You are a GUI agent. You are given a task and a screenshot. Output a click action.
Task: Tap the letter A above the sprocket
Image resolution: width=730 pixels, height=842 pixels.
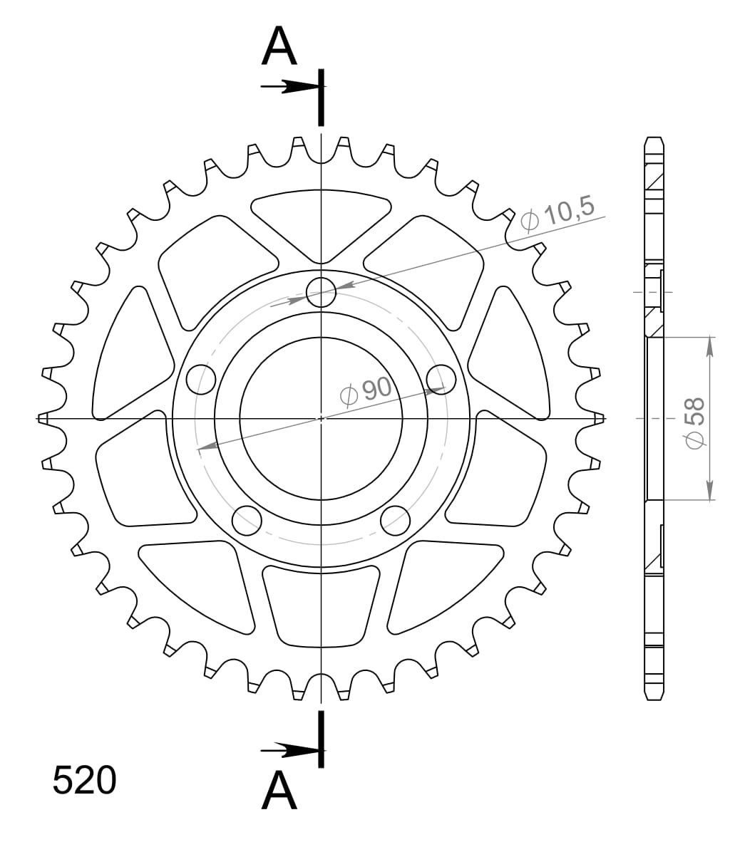279,47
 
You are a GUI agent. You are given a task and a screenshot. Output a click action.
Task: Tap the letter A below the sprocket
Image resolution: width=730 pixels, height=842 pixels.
279,791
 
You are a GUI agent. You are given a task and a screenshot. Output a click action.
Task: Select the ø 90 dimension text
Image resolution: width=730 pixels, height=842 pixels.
366,390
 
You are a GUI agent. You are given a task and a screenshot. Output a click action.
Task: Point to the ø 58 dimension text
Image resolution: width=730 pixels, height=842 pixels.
694,422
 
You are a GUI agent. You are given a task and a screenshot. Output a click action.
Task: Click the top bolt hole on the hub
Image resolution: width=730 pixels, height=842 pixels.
321,293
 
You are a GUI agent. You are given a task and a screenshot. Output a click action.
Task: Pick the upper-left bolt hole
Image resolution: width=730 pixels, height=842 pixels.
201,379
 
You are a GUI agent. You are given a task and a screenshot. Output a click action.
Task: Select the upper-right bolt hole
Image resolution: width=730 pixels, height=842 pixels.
441,379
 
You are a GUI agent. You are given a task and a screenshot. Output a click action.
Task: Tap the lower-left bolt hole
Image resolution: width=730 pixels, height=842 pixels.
247,520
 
